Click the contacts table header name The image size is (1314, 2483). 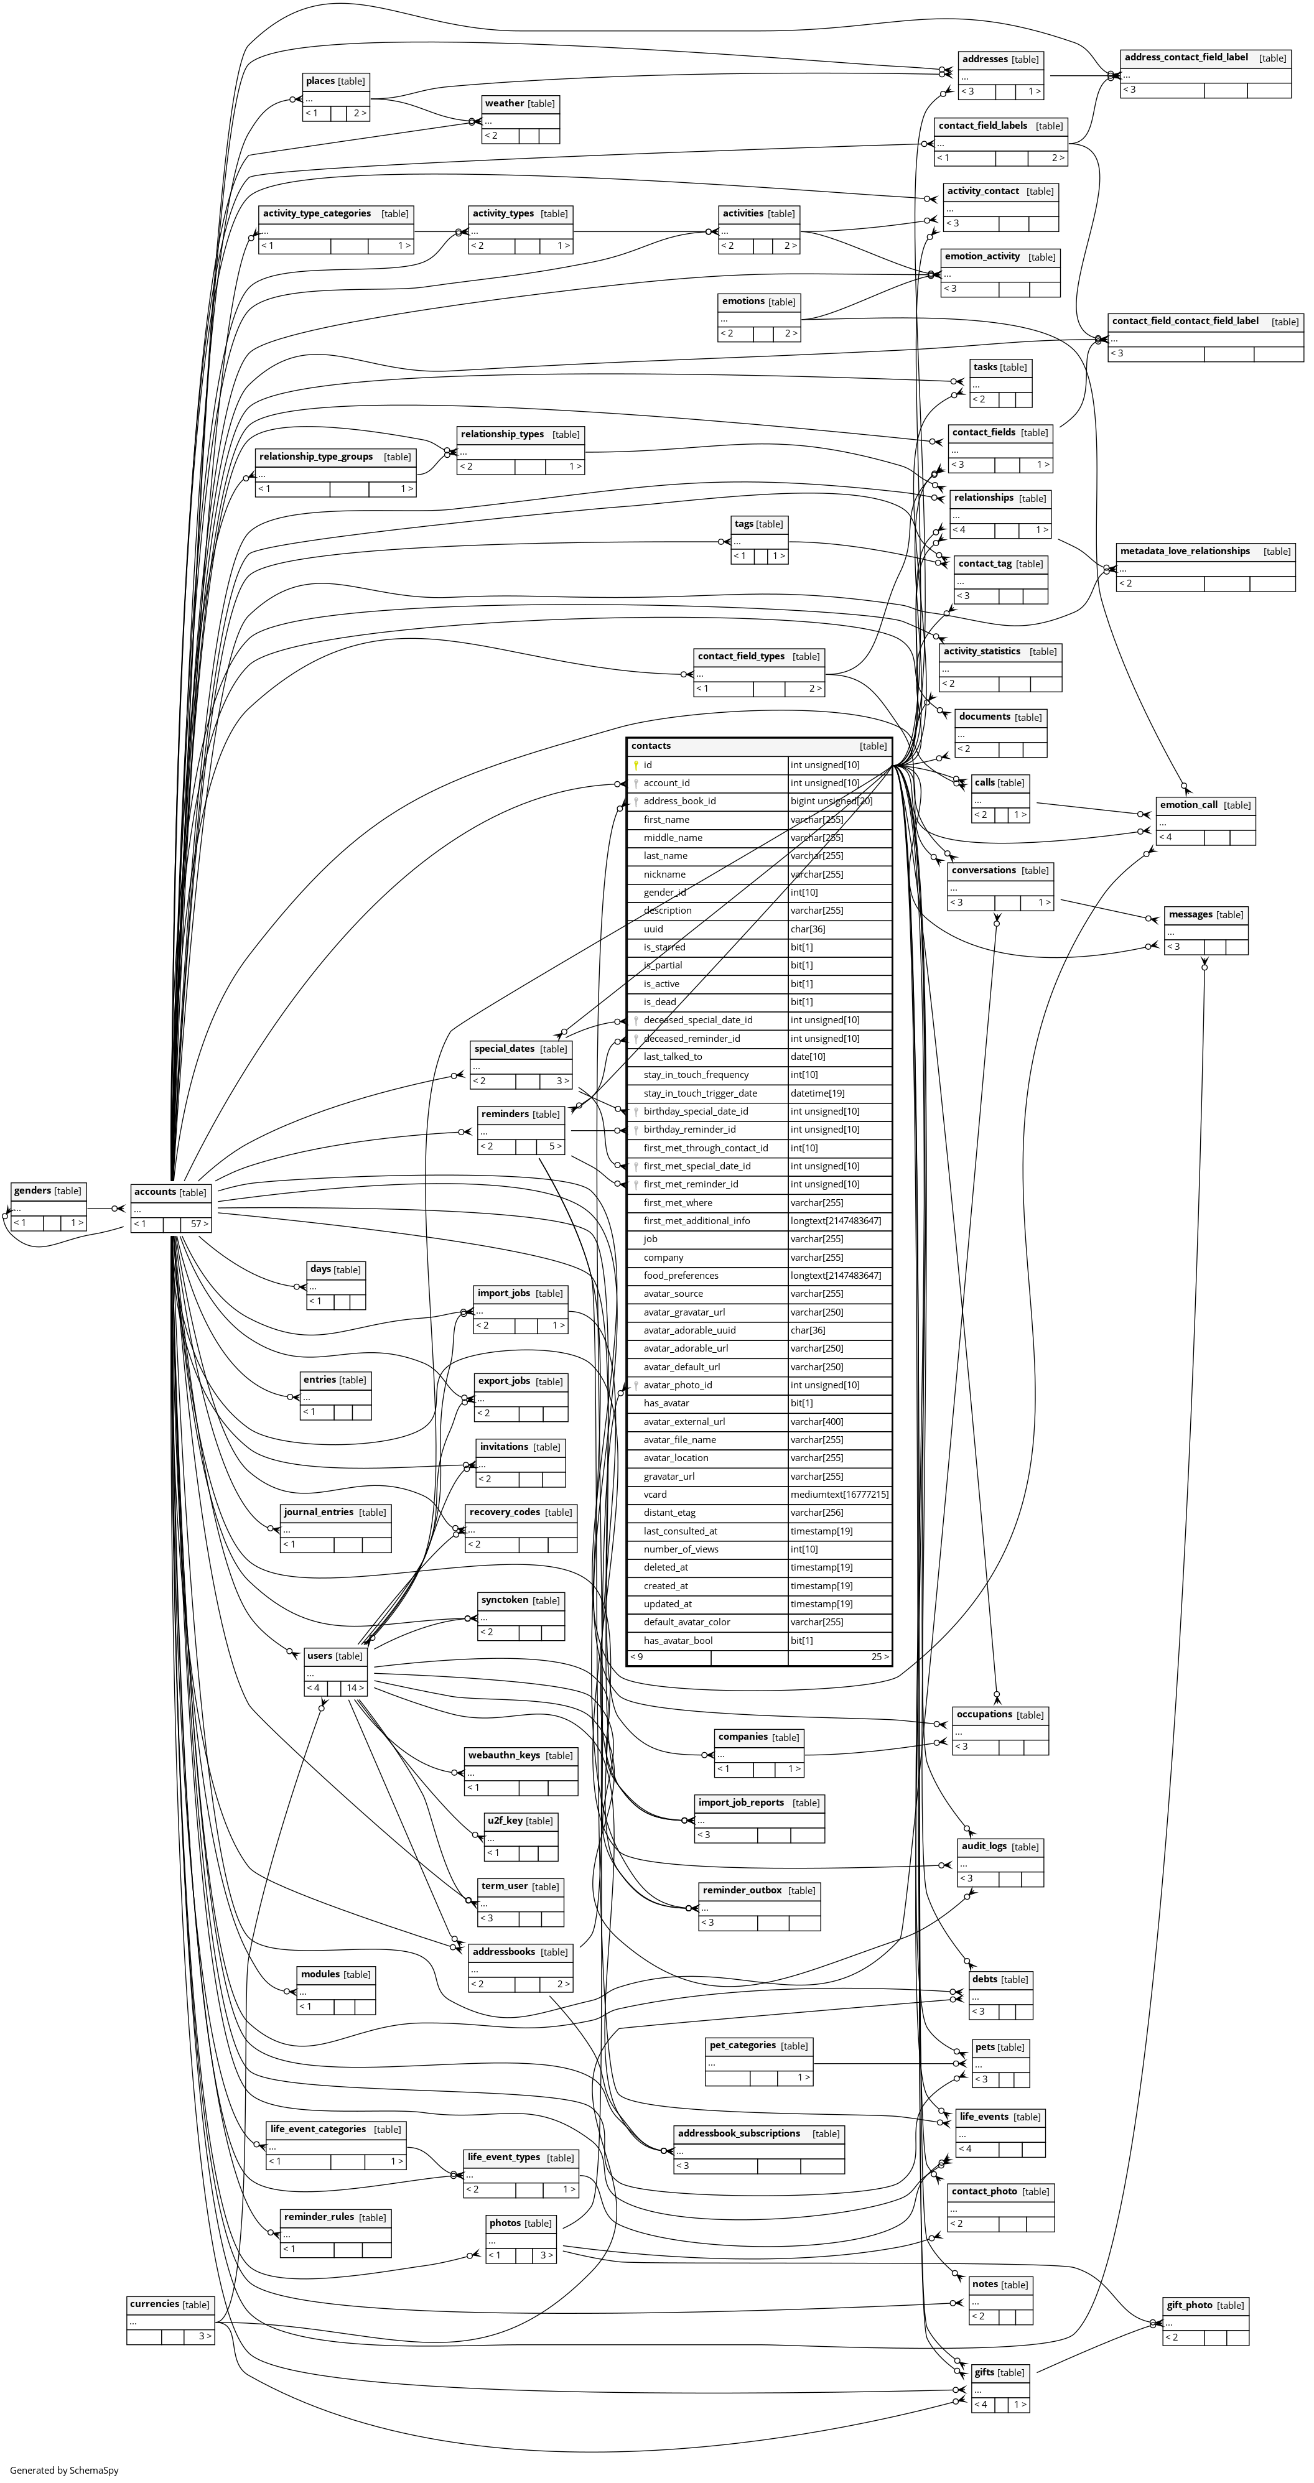coord(651,746)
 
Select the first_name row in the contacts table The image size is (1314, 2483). coord(666,819)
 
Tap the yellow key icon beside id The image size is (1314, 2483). coord(636,765)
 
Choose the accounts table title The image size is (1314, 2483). coord(155,1192)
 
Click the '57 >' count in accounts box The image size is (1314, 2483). coord(198,1224)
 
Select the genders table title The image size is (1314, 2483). coord(33,1191)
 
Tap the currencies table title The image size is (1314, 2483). coord(154,2304)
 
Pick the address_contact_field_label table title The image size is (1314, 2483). coord(1186,58)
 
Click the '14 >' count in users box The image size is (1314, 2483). coord(355,1688)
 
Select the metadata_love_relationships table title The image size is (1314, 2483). coord(1185,551)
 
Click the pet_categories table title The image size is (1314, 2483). coord(742,2045)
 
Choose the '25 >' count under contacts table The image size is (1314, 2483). coord(879,1657)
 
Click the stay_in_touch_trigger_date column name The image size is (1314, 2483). coord(700,1093)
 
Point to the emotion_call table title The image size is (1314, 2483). coord(1189,805)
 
